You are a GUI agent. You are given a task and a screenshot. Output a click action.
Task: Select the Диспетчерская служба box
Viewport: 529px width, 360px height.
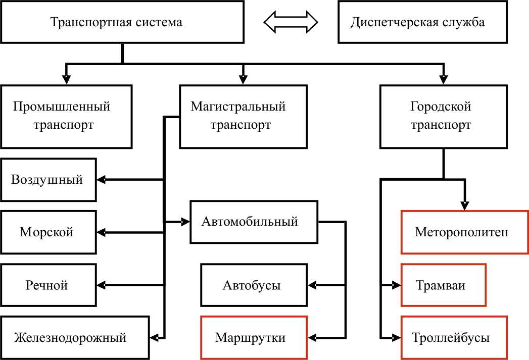tap(417, 22)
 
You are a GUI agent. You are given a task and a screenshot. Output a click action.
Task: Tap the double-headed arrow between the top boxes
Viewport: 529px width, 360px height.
tap(291, 22)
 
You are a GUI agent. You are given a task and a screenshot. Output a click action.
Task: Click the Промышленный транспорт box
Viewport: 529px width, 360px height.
tap(66, 116)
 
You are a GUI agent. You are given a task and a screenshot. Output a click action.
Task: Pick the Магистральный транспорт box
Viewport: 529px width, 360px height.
tap(244, 116)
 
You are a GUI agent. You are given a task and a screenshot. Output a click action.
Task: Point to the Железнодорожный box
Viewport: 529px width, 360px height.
tap(75, 337)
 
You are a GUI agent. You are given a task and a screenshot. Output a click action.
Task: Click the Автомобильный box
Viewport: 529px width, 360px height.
tap(254, 222)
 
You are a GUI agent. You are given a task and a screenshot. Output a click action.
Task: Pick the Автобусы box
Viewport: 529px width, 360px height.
tap(254, 285)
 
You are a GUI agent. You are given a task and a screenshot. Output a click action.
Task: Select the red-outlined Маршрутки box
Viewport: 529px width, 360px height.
tap(254, 337)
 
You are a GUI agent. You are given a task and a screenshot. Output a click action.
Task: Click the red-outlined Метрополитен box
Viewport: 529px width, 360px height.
tap(464, 232)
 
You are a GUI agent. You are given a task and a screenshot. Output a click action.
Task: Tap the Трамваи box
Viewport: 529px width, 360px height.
tap(443, 285)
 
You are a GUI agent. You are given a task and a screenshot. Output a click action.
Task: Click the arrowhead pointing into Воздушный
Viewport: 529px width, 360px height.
tap(101, 180)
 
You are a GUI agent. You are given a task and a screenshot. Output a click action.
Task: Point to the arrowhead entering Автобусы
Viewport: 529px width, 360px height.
tap(311, 285)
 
